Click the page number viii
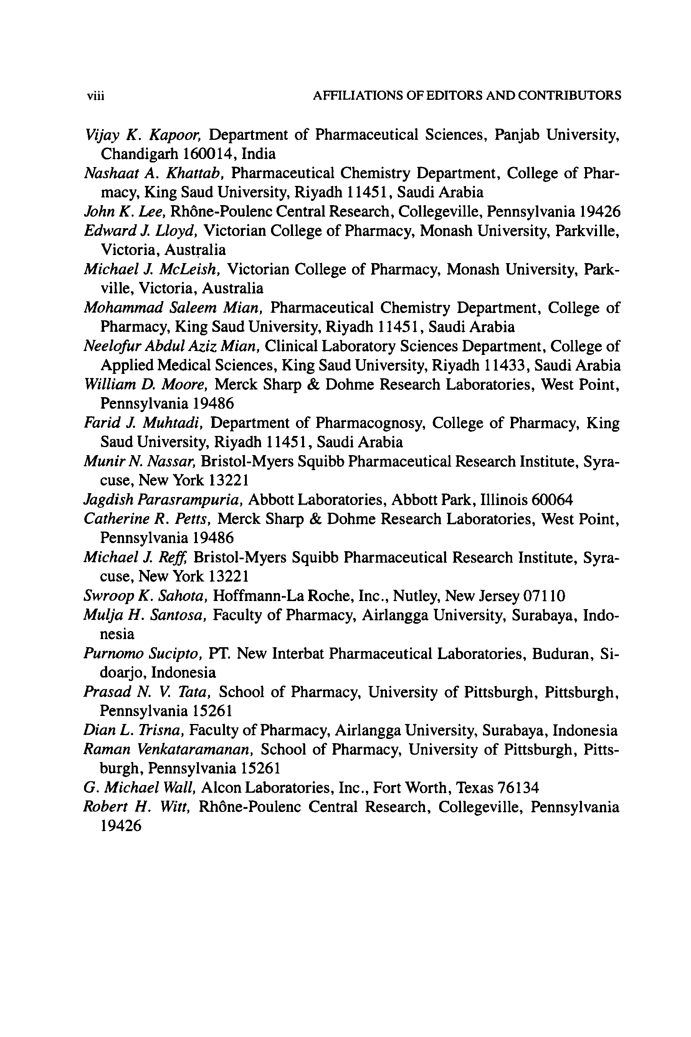point(95,96)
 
